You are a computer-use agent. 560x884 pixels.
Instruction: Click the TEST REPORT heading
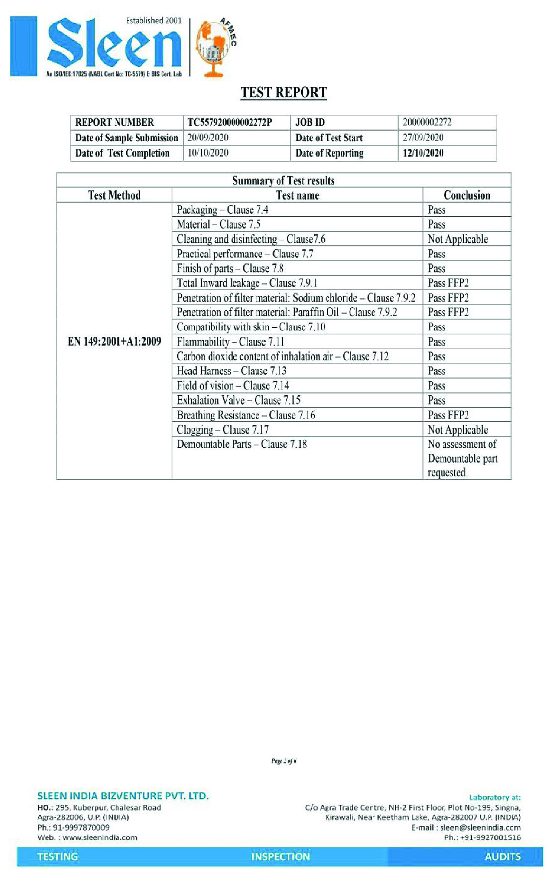pyautogui.click(x=283, y=93)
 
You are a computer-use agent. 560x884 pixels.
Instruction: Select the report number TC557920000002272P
pyautogui.click(x=230, y=122)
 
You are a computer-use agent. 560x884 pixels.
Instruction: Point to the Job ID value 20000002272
pyautogui.click(x=427, y=122)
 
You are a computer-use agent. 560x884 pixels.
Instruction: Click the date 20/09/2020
pyautogui.click(x=208, y=138)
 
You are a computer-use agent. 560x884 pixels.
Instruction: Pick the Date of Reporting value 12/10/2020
pyautogui.click(x=423, y=153)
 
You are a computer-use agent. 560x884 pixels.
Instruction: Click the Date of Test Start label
pyautogui.click(x=329, y=138)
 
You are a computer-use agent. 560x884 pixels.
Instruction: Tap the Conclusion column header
pyautogui.click(x=467, y=195)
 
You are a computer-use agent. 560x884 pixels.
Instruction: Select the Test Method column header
pyautogui.click(x=114, y=195)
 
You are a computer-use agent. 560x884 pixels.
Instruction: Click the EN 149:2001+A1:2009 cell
pyautogui.click(x=114, y=341)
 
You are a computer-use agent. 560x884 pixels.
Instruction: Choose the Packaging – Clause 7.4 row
pyautogui.click(x=222, y=210)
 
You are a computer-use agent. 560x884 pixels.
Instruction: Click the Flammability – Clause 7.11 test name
pyautogui.click(x=230, y=342)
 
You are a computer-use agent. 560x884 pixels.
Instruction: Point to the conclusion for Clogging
pyautogui.click(x=458, y=430)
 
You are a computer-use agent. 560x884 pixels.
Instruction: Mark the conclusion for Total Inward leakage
pyautogui.click(x=448, y=283)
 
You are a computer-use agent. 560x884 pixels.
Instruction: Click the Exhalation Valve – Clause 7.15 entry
pyautogui.click(x=238, y=400)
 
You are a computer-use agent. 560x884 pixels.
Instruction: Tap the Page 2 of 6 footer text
pyautogui.click(x=283, y=761)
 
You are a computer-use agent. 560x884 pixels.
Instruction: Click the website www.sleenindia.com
pyautogui.click(x=99, y=837)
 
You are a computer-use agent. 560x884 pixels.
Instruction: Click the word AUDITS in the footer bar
pyautogui.click(x=502, y=857)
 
